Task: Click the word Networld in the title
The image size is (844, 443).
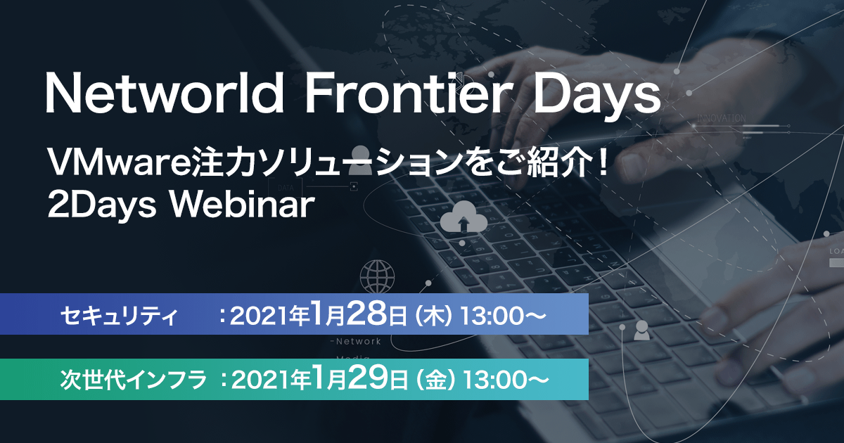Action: click(165, 92)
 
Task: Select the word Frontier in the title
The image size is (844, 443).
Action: click(409, 92)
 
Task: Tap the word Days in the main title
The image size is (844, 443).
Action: click(596, 96)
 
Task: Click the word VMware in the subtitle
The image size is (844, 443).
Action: click(119, 162)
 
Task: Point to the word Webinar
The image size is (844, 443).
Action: click(242, 205)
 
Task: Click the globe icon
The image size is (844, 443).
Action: click(377, 276)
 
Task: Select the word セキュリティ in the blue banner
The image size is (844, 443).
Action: click(119, 315)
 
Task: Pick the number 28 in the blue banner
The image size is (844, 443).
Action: click(366, 314)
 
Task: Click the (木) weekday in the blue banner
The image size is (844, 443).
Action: click(433, 316)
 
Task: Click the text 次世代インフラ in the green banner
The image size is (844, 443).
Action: click(134, 380)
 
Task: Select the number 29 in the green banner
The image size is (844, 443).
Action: click(367, 378)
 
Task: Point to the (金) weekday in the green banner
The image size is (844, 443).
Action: click(435, 380)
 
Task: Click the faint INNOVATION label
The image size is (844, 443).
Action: click(721, 118)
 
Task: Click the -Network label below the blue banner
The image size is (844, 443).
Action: click(356, 342)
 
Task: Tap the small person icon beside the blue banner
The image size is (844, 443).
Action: click(641, 330)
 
